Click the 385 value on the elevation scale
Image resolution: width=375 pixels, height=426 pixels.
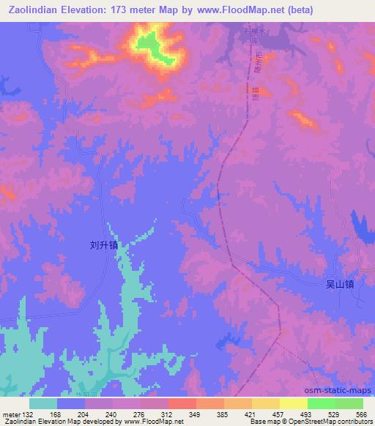pos(223,414)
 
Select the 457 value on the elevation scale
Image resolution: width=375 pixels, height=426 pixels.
pos(278,414)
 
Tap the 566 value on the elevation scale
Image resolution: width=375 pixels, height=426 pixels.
pos(361,414)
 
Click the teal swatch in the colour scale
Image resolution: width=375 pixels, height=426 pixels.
pos(43,403)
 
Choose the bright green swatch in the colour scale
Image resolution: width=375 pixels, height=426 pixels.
pos(321,403)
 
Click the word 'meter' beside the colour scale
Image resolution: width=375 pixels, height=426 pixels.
pos(11,414)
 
